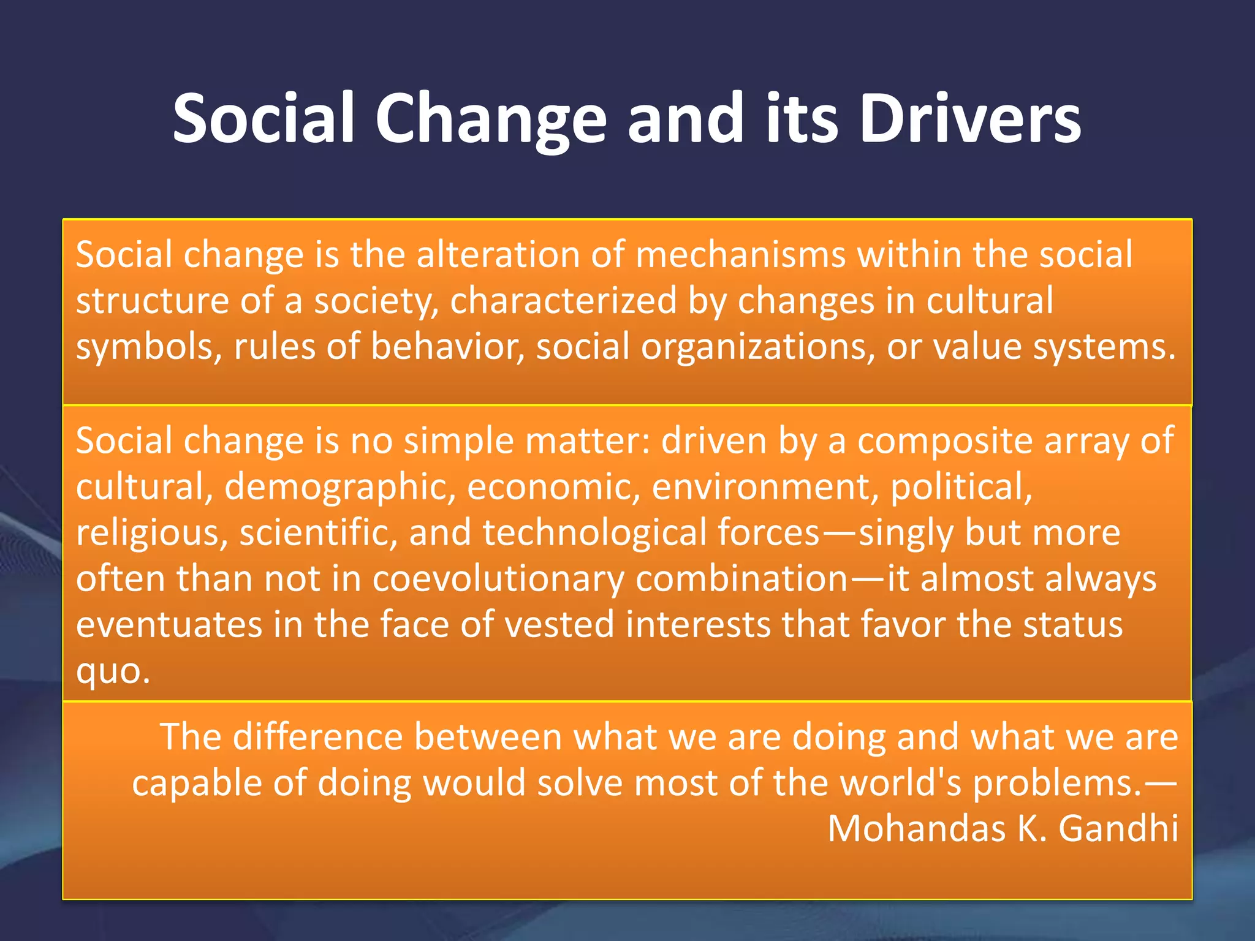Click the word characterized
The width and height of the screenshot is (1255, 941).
[x=563, y=301]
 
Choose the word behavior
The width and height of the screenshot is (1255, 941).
[x=447, y=347]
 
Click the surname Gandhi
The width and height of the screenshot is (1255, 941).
[x=1118, y=829]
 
